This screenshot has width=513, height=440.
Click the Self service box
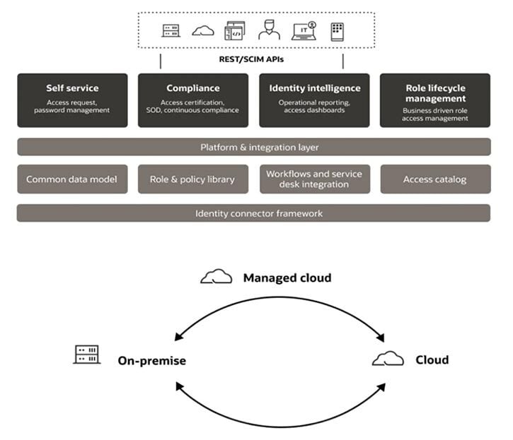click(x=72, y=100)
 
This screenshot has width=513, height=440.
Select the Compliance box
click(x=192, y=100)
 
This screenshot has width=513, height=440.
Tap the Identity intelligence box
click(x=314, y=100)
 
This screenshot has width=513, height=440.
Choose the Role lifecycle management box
click(x=435, y=100)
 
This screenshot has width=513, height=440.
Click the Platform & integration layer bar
click(x=253, y=147)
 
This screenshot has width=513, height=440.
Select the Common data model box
click(x=72, y=179)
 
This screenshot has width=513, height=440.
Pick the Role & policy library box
click(x=192, y=179)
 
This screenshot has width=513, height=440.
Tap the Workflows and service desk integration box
click(x=314, y=179)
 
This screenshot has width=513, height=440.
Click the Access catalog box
click(x=435, y=179)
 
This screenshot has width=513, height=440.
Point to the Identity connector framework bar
click(x=253, y=213)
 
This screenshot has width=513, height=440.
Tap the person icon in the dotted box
click(x=269, y=30)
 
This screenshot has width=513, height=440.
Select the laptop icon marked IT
click(x=304, y=31)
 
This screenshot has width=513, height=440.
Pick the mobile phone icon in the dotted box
click(x=337, y=31)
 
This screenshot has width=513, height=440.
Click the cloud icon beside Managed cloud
click(x=216, y=277)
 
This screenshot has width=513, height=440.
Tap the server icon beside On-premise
click(x=87, y=355)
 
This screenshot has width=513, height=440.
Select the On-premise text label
click(x=151, y=360)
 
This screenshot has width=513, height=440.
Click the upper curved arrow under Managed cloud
click(x=279, y=299)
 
